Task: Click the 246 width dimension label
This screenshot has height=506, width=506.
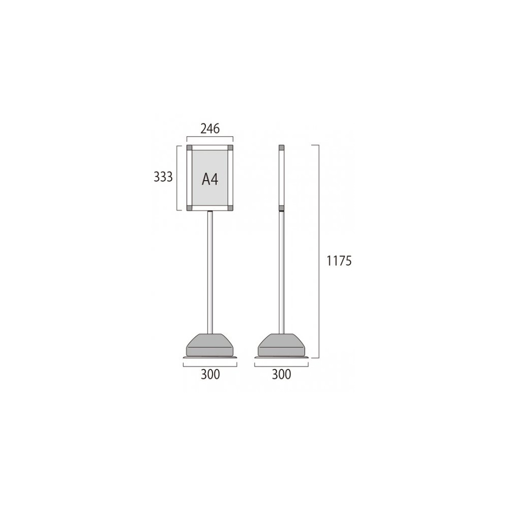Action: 210,129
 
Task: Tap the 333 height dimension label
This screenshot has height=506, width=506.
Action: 163,177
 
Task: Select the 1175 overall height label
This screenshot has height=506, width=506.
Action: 339,261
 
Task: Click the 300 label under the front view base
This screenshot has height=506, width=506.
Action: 210,374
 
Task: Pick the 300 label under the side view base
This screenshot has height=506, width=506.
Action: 281,374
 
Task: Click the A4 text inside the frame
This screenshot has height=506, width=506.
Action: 210,179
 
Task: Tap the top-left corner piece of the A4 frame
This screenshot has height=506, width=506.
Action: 189,148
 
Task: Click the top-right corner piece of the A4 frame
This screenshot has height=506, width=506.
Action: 230,148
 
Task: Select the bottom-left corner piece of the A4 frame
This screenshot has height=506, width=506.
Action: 189,208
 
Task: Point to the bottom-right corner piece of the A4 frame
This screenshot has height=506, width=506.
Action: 230,208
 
